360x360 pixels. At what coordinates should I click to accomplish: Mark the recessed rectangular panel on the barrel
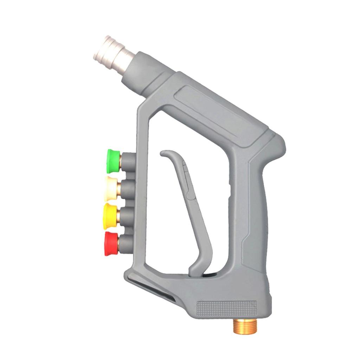218,109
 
